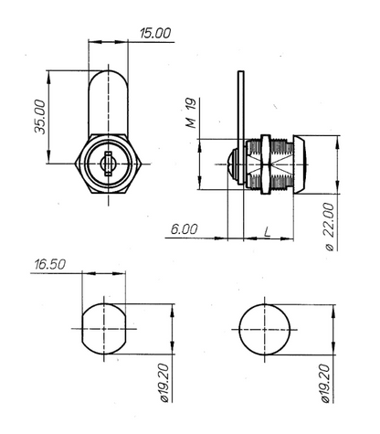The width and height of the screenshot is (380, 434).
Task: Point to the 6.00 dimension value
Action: (x=184, y=229)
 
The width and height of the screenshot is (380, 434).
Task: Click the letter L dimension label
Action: (x=265, y=229)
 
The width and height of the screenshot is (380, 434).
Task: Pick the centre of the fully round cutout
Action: (x=267, y=329)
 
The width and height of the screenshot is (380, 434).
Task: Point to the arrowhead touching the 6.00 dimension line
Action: (x=221, y=238)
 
